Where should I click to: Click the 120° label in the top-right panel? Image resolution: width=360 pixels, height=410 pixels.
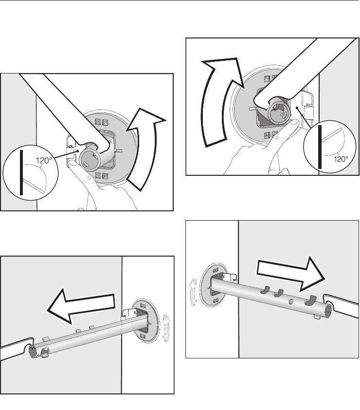pos(341,159)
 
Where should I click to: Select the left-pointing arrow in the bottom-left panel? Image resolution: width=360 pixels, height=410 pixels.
pos(81,305)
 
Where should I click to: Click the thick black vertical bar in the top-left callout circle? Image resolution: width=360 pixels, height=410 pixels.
pos(21,172)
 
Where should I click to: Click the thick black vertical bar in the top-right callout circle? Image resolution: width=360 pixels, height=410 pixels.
pos(320,147)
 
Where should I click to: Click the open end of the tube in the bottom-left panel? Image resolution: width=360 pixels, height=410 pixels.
pos(33,351)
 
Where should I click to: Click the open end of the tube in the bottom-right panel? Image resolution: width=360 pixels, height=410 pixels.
pos(328,311)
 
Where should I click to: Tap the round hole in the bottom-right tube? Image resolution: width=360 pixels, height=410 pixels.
pos(291,302)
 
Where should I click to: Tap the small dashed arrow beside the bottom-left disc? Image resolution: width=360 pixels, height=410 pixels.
pos(166,328)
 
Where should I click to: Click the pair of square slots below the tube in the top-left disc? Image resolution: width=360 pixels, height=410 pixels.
pos(101,175)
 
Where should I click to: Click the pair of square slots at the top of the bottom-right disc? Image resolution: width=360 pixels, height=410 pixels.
pos(216,270)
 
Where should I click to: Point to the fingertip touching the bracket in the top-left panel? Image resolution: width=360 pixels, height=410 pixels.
pos(72,164)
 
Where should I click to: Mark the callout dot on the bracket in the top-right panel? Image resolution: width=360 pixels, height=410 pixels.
pos(297,108)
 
